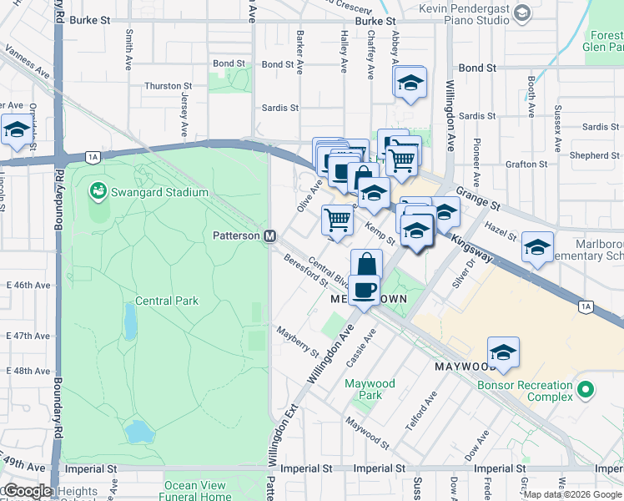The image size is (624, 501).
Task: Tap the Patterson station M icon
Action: coord(270,236)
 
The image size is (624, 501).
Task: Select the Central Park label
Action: coord(167,301)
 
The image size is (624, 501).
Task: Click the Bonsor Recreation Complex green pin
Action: coord(586,389)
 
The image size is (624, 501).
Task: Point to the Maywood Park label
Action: coord(370,389)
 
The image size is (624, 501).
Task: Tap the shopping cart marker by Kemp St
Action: coord(337,221)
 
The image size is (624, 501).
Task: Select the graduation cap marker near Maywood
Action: coord(503,353)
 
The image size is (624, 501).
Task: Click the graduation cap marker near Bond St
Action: coord(410,83)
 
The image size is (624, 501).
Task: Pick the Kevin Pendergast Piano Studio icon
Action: coord(523,13)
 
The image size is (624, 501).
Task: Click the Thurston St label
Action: coord(168,86)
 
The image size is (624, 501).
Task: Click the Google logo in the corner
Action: coord(27,491)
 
